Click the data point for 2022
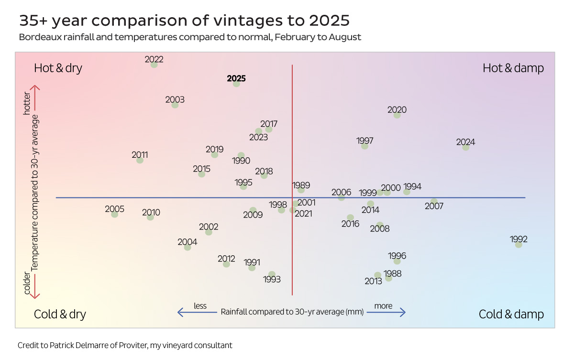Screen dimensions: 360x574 [x=154, y=65]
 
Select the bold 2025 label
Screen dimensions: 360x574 [x=236, y=78]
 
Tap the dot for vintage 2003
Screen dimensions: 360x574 [x=175, y=105]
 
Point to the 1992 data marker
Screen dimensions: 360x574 [x=519, y=244]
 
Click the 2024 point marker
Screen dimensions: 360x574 [x=466, y=147]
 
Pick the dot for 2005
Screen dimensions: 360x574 [x=115, y=214]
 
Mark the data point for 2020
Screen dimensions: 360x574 [x=397, y=115]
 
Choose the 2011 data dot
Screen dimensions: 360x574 [x=140, y=160]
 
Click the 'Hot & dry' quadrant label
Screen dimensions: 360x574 [x=58, y=68]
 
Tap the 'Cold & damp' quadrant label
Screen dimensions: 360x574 [x=511, y=314]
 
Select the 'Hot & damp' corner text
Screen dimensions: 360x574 [x=513, y=68]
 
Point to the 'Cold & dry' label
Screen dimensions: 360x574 [x=60, y=314]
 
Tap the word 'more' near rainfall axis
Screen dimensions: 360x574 [x=383, y=306]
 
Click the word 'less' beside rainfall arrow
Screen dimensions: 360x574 [x=200, y=306]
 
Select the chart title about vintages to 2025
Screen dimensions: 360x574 [x=184, y=21]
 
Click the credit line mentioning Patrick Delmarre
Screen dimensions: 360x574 [x=125, y=345]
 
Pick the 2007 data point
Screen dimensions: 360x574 [x=434, y=202]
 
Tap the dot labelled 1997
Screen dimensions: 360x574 [x=365, y=146]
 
